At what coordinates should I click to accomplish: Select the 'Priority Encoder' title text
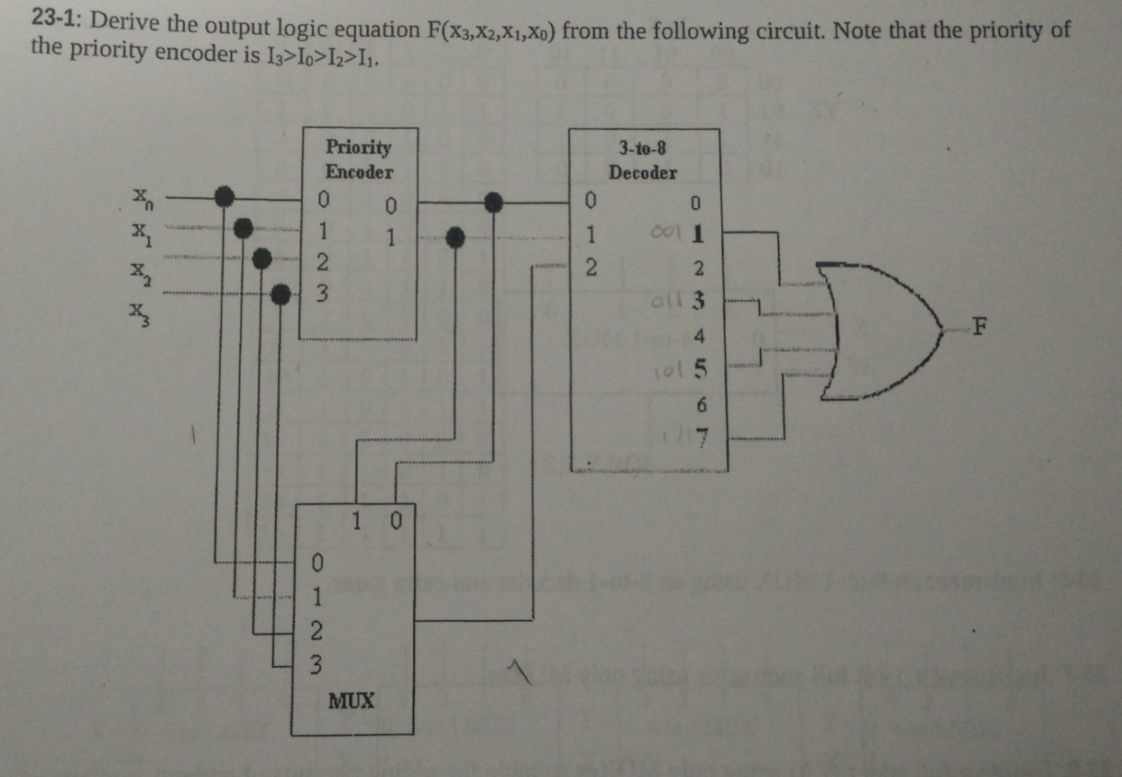(358, 159)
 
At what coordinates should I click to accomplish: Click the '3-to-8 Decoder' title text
(642, 160)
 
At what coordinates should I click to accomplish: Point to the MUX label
(351, 700)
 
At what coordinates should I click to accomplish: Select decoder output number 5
(699, 370)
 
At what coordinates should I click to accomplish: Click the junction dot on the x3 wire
(280, 293)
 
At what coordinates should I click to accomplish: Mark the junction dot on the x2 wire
(262, 260)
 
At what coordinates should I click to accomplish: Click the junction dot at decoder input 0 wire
(493, 201)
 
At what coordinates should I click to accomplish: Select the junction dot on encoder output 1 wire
(455, 237)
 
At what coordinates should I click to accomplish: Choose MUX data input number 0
(317, 563)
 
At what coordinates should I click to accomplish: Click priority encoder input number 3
(322, 292)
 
